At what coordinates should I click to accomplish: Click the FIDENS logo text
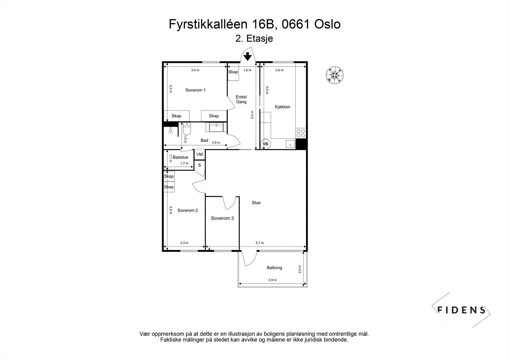tap(461, 310)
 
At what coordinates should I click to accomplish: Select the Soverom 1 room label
tap(195, 90)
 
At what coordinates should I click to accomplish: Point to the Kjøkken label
tap(282, 107)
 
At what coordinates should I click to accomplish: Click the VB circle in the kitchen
tap(265, 144)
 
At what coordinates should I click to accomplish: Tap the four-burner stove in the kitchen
tap(300, 133)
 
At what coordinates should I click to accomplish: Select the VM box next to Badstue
tap(199, 154)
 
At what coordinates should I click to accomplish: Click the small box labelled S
tap(199, 165)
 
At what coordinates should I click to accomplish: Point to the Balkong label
tap(274, 268)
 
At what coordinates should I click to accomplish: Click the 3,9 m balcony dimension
tap(272, 280)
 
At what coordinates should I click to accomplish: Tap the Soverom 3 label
tap(222, 218)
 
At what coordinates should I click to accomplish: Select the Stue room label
tap(256, 203)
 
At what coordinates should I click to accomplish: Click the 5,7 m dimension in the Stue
tap(260, 243)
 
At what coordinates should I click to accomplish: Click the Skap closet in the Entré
tap(233, 72)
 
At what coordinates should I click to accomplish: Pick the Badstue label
tap(180, 157)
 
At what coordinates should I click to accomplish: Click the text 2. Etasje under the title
tap(254, 39)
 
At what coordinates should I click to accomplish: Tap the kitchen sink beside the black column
tap(290, 144)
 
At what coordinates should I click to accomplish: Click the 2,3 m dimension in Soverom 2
tap(184, 243)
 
